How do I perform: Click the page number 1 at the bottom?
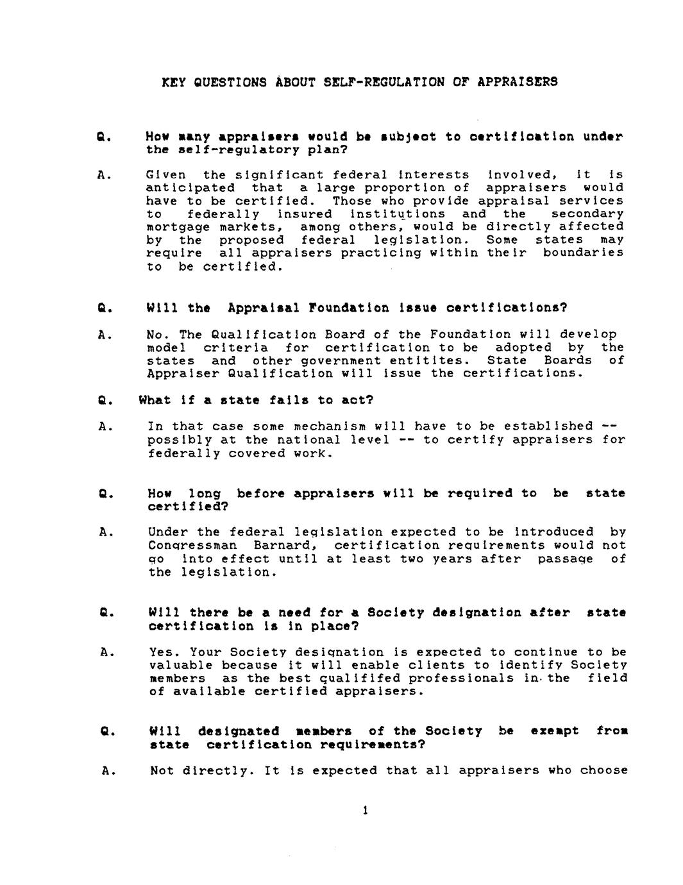click(x=365, y=811)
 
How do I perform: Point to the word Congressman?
click(x=192, y=546)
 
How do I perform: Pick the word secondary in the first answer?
click(x=587, y=214)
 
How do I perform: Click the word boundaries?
click(x=583, y=253)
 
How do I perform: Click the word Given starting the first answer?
click(x=166, y=175)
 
